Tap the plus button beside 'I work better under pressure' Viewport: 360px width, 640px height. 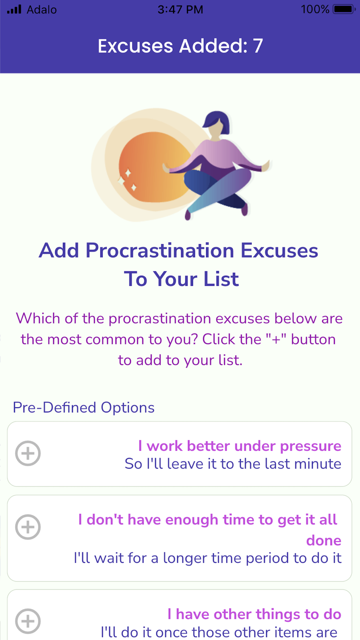click(x=28, y=453)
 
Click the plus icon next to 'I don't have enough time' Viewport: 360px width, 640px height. click(x=28, y=527)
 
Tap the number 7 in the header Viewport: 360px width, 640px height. click(x=258, y=46)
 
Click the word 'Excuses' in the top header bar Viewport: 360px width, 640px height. click(x=135, y=46)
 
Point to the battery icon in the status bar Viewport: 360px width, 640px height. click(x=344, y=9)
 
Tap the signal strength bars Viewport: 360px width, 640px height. click(x=14, y=9)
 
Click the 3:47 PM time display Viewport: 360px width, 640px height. click(x=180, y=9)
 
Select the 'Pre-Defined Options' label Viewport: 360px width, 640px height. click(x=84, y=408)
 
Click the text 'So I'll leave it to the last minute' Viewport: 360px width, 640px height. click(x=233, y=464)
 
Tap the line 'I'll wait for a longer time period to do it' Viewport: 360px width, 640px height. click(x=207, y=558)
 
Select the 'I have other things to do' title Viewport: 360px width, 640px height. click(x=254, y=614)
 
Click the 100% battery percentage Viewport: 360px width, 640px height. click(x=315, y=9)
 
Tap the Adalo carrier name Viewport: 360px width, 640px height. click(x=42, y=9)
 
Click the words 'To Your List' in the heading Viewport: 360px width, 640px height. click(x=181, y=279)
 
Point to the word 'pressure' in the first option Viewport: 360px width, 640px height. click(x=311, y=446)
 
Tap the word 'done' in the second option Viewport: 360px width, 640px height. click(x=324, y=540)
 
